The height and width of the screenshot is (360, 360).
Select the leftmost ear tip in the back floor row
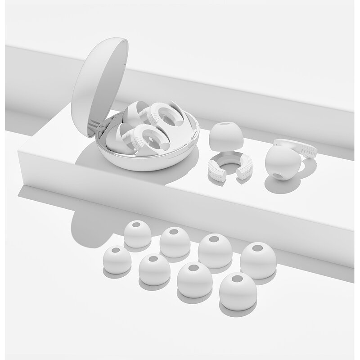137,234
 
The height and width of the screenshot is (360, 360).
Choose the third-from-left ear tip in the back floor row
214,249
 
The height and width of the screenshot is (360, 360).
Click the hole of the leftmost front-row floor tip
115,250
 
